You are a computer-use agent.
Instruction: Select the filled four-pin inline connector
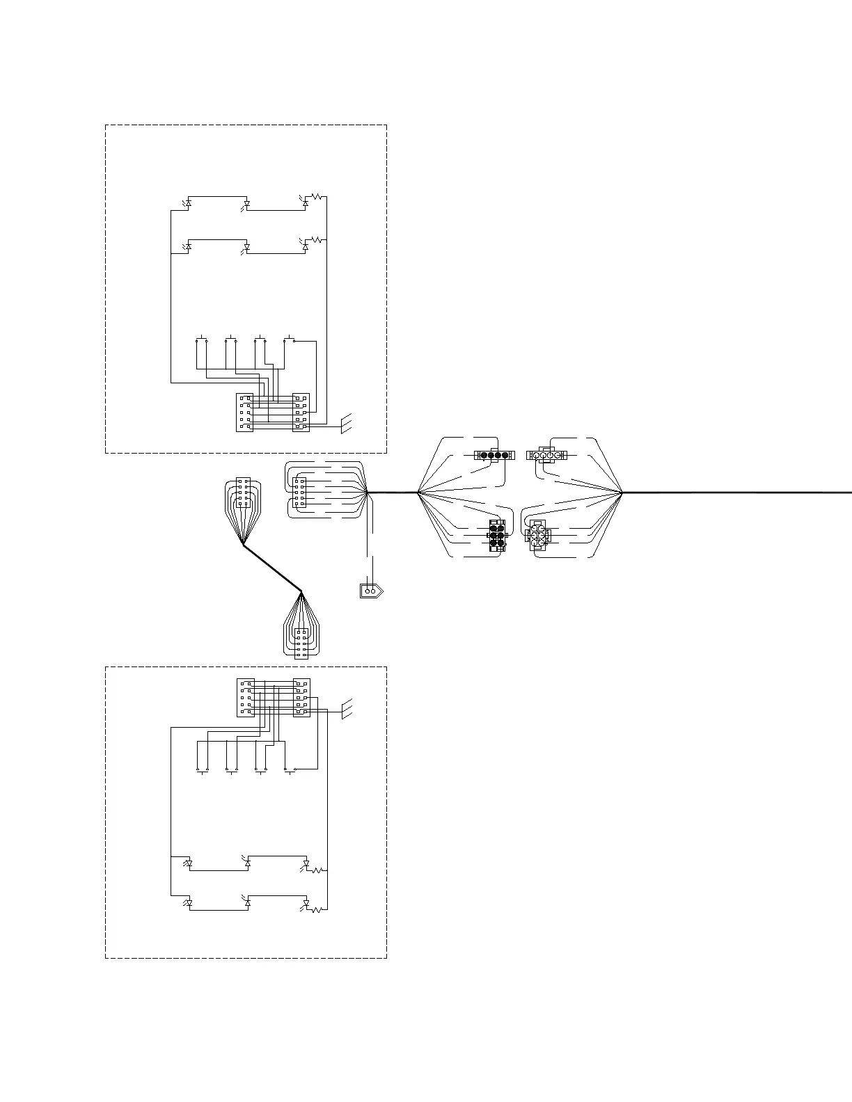click(493, 456)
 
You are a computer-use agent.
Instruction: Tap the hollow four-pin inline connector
click(546, 456)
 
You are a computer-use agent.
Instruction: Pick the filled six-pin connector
click(496, 535)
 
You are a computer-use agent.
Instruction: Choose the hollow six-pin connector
click(537, 536)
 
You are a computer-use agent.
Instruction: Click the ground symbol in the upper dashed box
click(347, 423)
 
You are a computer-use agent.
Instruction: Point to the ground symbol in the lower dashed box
click(347, 708)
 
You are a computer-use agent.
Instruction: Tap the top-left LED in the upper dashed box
click(188, 203)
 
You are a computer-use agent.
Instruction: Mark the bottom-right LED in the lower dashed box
click(306, 904)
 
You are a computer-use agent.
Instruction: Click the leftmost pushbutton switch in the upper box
click(202, 340)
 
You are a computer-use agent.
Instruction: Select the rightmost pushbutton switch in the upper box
click(290, 340)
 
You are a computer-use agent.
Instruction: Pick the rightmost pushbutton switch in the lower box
click(290, 770)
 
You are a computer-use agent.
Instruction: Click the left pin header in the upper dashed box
click(244, 413)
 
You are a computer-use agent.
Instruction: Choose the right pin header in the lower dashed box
click(301, 698)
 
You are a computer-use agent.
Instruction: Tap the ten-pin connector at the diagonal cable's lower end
click(301, 643)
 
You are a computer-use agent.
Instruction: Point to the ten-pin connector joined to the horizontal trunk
click(299, 493)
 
